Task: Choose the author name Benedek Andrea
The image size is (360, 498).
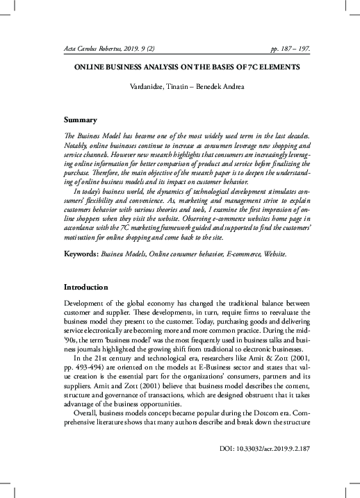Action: (209, 88)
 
